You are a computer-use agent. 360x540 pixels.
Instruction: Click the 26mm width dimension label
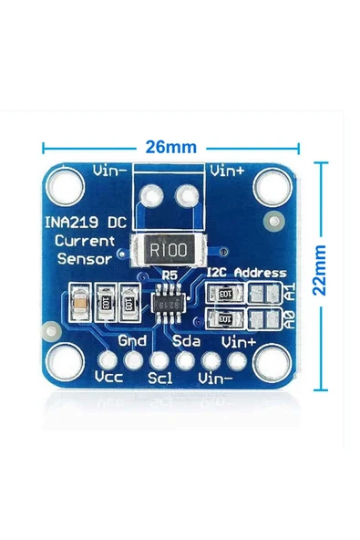click(x=170, y=146)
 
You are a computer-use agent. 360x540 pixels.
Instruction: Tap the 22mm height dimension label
click(x=318, y=271)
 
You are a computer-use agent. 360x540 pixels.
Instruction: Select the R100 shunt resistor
click(x=170, y=248)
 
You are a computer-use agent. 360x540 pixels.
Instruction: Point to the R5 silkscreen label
click(x=170, y=274)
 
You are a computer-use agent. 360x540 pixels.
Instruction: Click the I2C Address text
click(x=246, y=273)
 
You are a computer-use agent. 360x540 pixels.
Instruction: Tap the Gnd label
click(x=133, y=340)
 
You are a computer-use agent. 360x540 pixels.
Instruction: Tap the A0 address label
click(x=289, y=319)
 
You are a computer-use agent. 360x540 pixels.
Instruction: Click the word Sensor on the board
click(x=83, y=258)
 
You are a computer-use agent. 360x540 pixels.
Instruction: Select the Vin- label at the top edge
click(x=110, y=170)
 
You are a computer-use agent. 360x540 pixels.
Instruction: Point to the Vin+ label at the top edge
click(x=227, y=170)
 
